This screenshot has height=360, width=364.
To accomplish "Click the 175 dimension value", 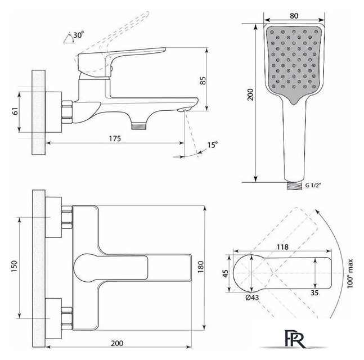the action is pos(115,138).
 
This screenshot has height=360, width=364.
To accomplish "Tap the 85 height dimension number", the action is pos(203,81).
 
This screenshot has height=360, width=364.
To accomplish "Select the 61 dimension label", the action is pos(15,111).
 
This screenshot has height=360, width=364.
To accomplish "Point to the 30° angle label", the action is pos(78,35).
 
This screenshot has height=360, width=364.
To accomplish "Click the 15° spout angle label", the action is pos(213,145).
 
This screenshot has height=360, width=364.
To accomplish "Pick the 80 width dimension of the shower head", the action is pos(294,16).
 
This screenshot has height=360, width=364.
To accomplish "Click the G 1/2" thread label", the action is pos(313,185).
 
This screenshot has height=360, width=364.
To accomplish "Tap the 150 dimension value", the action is pos(14,267).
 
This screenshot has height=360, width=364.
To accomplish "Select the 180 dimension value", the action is pos(201,267).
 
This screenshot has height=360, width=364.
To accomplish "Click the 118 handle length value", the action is pos(282,247).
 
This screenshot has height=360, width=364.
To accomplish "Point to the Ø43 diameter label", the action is pos(252,298).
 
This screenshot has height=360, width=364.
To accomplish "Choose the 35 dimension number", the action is pos(314,293).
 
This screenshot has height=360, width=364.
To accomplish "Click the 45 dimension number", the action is pos(225,273).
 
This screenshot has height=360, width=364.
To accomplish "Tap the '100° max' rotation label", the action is pos(349,273).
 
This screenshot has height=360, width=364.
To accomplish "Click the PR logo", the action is pos(294,339).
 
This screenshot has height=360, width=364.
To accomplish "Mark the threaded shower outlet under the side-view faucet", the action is pos(139,126).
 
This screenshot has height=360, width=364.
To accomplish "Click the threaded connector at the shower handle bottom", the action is pos(294,186).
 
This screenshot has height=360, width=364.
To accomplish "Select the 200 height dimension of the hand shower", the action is pos(250,94).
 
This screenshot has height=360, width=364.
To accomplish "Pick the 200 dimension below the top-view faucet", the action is pos(117,343).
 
